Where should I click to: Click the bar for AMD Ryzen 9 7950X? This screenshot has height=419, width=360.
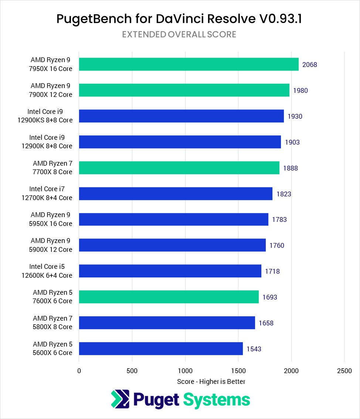[x=189, y=64]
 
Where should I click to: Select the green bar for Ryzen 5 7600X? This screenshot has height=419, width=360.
[x=169, y=297]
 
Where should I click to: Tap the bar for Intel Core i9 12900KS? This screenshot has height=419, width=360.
[x=181, y=116]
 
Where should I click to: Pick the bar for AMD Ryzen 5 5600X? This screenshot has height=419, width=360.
[x=161, y=348]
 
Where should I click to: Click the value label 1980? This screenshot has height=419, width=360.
[x=300, y=91]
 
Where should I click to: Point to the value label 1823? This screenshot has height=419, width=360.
[x=284, y=194]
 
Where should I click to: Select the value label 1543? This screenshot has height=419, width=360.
[x=254, y=349]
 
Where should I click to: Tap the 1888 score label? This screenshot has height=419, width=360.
[x=291, y=168]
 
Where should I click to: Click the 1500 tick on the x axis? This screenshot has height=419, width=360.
[x=238, y=371]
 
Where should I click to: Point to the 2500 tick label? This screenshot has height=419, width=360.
[x=344, y=371]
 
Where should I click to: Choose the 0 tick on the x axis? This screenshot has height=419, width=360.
[x=79, y=371]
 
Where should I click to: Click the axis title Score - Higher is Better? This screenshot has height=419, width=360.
[x=211, y=381]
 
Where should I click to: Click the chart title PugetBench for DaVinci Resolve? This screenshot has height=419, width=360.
[x=179, y=19]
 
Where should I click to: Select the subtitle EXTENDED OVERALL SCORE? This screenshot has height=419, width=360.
[x=179, y=34]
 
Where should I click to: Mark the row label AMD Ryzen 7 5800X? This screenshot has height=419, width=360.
[x=52, y=322]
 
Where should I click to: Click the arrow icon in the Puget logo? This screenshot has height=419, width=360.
[x=120, y=399]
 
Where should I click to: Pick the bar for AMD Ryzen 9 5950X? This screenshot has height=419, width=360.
[x=173, y=219]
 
